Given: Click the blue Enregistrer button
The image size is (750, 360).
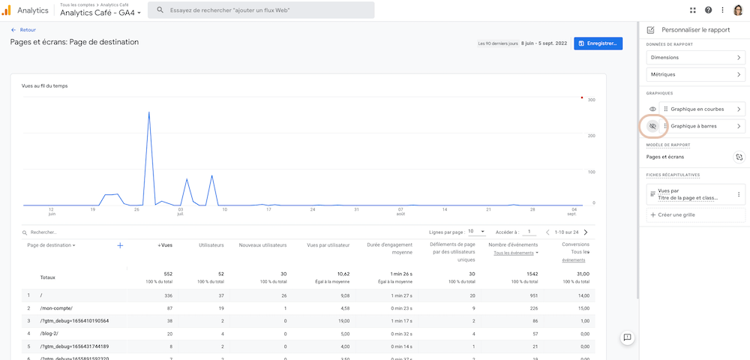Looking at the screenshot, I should point(598,43).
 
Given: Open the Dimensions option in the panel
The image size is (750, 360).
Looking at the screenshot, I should point(695,57).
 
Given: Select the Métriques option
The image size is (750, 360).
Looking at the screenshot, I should point(695,74).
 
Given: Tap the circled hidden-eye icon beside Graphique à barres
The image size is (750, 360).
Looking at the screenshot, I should point(652,127).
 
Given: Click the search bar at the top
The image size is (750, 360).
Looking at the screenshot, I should point(261,10).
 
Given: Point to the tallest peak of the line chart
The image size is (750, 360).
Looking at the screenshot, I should point(149,112).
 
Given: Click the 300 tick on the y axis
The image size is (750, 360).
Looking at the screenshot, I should point(591,100).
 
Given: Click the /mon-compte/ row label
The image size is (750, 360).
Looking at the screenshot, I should point(55,308).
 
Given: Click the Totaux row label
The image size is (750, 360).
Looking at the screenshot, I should point(47,277).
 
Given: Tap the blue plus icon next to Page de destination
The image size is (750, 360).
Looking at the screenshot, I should point(120,245).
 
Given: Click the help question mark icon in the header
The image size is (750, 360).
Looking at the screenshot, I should point(708,10).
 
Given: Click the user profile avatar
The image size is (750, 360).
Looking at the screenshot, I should point(738,10).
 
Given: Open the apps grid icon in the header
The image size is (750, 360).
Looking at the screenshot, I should point(692,10).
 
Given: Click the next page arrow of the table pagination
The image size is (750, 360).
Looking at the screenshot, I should point(586,232).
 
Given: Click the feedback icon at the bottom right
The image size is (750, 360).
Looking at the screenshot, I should point(627,338).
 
